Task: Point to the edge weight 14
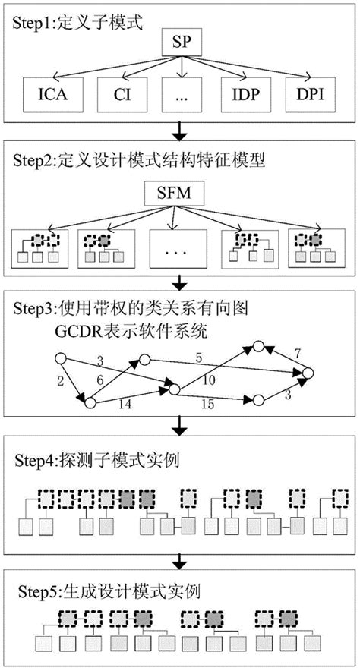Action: pyautogui.click(x=126, y=405)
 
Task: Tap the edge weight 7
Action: pyautogui.click(x=297, y=354)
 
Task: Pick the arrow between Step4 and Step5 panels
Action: pyautogui.click(x=180, y=562)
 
